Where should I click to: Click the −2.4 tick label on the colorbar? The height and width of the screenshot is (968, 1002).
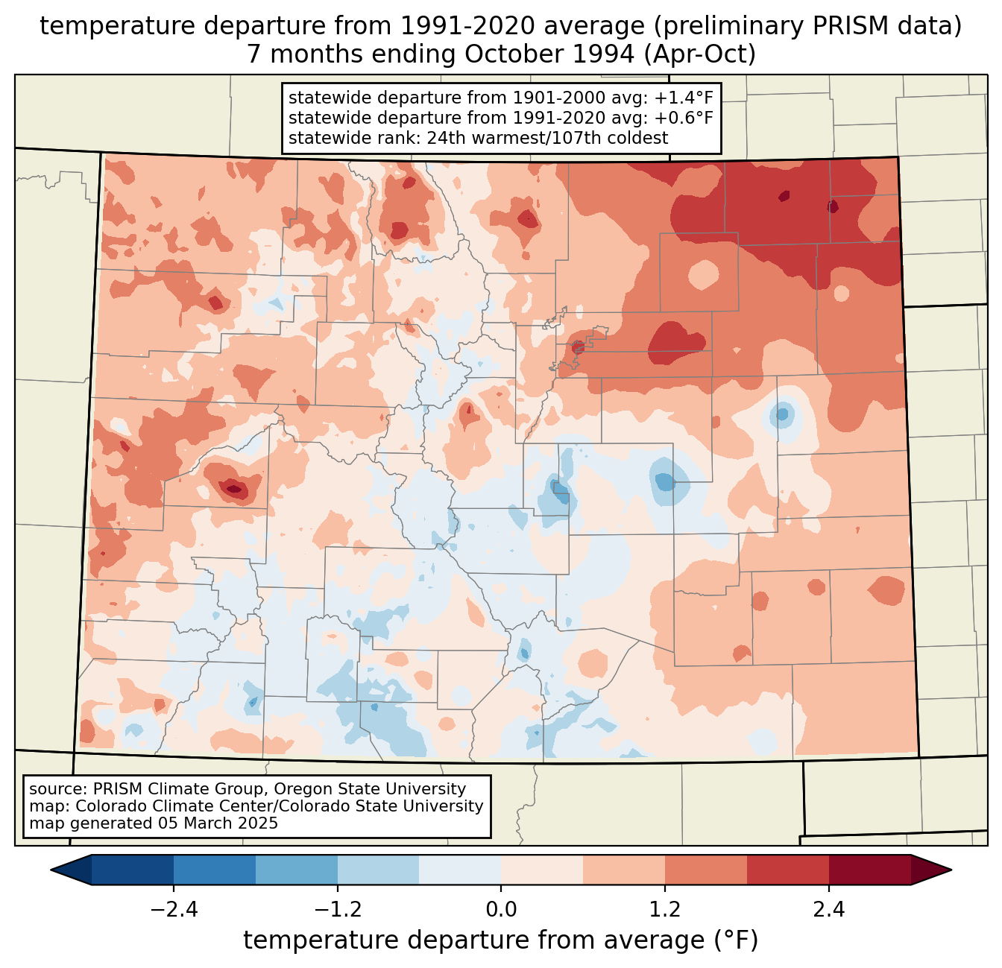(174, 910)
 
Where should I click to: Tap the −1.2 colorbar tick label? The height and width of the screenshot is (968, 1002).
(337, 910)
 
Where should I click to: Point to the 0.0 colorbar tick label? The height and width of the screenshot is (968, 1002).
(501, 910)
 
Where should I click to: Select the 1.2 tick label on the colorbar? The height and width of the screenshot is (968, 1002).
(665, 910)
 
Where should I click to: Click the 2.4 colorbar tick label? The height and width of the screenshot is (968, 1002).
(828, 910)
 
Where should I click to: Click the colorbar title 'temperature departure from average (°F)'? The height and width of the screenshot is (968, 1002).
(501, 940)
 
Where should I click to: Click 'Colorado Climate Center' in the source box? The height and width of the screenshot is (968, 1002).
(163, 806)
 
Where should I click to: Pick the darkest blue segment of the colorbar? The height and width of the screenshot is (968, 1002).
(133, 870)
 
